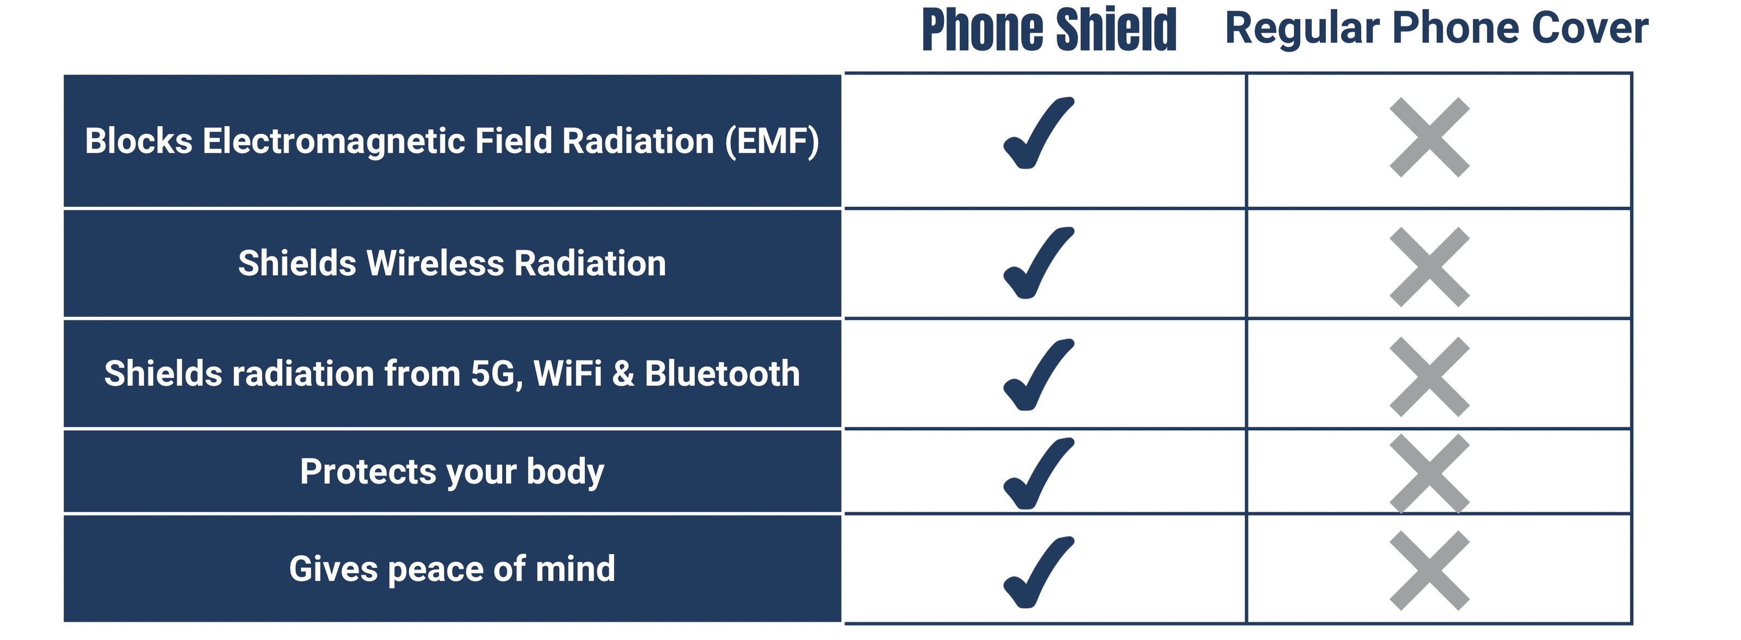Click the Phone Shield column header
coord(1049,30)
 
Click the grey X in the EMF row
coord(1429,137)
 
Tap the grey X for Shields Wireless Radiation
coord(1429,267)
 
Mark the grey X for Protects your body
coord(1429,474)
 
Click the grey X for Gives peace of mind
coord(1429,570)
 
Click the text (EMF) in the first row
coord(772,142)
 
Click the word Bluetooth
coord(722,374)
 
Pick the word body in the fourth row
coord(565,472)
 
